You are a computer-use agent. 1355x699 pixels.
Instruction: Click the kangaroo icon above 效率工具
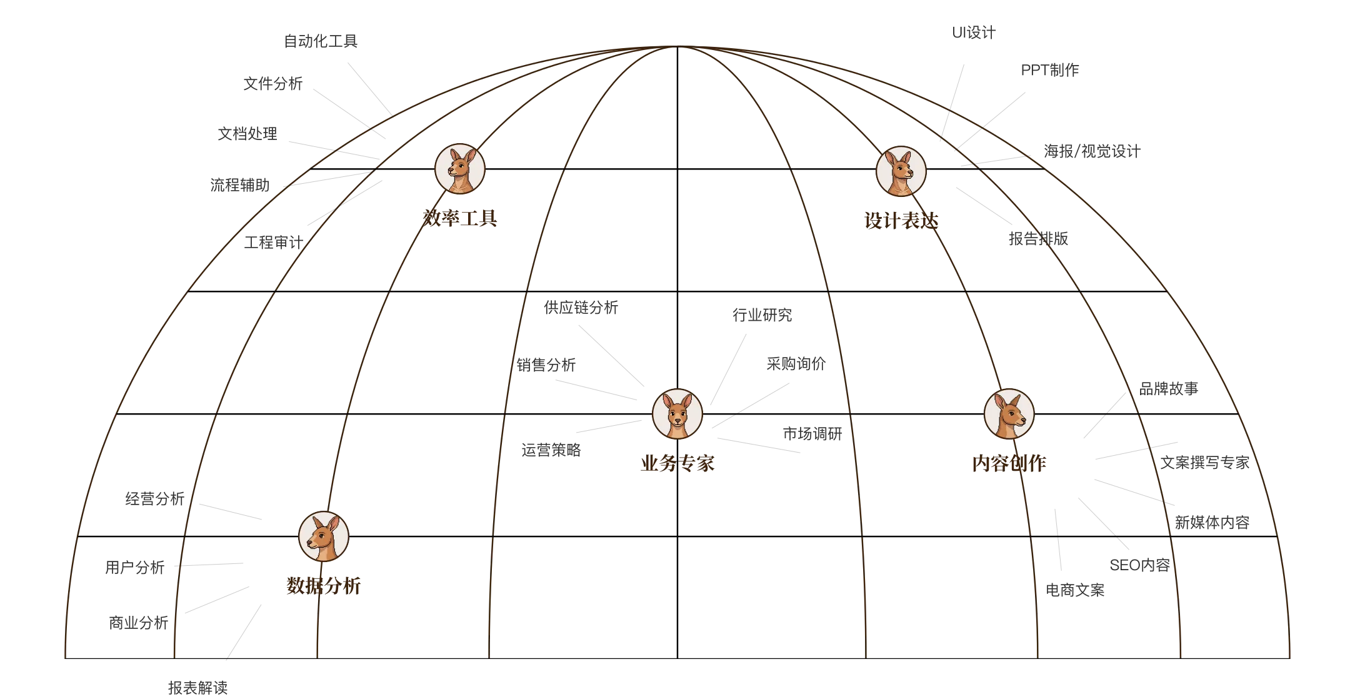(460, 169)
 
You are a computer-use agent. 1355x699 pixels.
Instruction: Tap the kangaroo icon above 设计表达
(901, 171)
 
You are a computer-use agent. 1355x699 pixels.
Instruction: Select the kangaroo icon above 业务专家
(677, 414)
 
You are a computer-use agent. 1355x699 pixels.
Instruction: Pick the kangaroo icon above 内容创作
(1009, 414)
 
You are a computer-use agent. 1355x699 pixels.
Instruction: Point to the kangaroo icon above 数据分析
(324, 536)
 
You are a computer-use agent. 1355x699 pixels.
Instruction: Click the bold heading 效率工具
(460, 218)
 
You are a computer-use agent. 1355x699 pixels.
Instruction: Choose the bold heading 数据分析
(324, 586)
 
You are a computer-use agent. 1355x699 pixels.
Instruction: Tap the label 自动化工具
(321, 41)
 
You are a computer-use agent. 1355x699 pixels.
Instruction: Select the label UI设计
(974, 33)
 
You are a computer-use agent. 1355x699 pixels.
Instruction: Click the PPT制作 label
(1050, 70)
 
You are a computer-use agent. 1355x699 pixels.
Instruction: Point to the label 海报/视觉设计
(1092, 151)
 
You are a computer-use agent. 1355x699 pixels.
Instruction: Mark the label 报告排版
(1039, 239)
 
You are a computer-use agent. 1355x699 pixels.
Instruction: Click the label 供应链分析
(581, 308)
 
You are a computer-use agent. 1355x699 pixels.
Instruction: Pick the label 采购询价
(796, 364)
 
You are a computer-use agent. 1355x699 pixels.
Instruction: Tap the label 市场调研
(812, 434)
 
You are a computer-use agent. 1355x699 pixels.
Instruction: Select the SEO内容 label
(1140, 565)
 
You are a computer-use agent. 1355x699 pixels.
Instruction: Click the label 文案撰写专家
(1205, 463)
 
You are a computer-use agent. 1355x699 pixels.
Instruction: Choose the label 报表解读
(198, 688)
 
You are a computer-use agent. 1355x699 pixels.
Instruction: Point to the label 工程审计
(274, 243)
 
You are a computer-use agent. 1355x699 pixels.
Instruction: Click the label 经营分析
(155, 499)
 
